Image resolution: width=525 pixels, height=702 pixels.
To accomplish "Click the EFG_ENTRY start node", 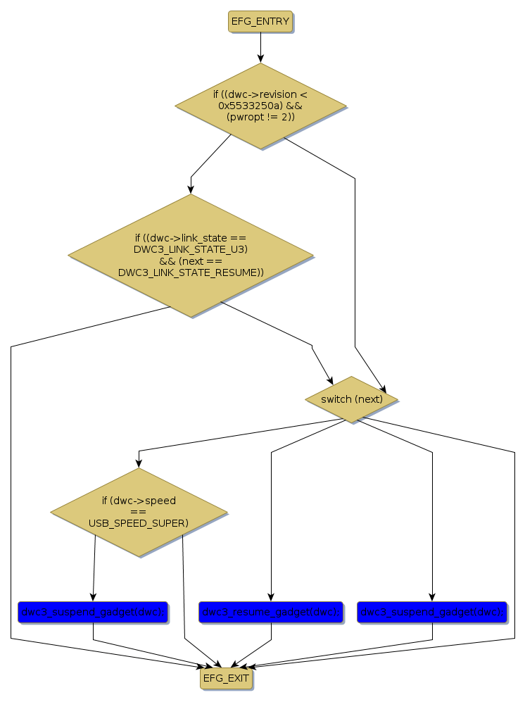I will click(x=260, y=22).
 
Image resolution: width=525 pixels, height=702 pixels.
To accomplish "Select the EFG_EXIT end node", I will click(x=225, y=679).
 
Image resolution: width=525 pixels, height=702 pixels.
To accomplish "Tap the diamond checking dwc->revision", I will click(x=260, y=106).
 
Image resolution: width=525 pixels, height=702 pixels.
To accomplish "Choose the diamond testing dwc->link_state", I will click(x=191, y=255).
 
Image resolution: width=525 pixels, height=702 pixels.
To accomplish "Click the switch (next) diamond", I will click(x=351, y=399).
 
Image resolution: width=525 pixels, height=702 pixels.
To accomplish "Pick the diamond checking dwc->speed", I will click(x=139, y=512).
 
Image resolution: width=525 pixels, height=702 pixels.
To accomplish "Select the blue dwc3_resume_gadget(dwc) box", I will click(x=271, y=613).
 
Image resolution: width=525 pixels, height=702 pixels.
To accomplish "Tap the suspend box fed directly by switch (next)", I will click(x=431, y=613).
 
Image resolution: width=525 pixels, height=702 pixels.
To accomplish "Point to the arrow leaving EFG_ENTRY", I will click(x=260, y=47).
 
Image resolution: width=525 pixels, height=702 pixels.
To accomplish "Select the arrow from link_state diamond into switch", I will click(x=282, y=331).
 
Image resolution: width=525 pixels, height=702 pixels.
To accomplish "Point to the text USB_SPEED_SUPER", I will click(x=138, y=523).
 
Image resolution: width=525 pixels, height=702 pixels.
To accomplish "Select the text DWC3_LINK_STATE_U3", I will click(x=191, y=249).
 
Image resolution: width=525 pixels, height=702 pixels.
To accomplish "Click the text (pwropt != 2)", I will click(x=260, y=117).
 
